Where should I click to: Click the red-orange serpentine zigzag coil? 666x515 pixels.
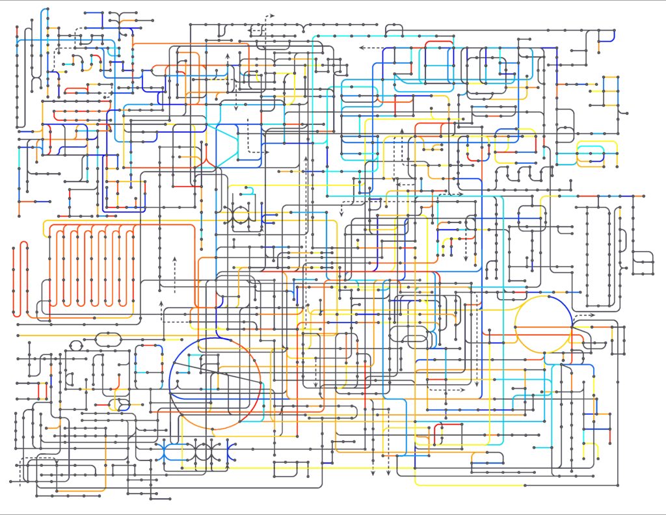click(x=91, y=267)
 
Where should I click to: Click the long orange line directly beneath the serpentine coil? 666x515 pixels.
click(x=98, y=336)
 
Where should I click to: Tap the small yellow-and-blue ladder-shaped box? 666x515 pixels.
click(x=609, y=91)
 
